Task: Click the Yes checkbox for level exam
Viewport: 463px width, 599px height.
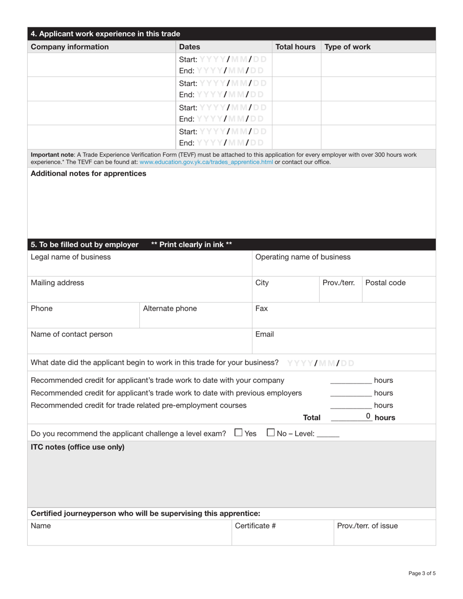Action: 238,432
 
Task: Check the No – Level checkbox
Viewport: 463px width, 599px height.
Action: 271,432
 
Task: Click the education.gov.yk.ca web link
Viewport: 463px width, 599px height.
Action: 206,162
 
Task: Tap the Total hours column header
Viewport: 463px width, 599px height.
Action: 295,47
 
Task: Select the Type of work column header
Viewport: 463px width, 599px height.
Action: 347,47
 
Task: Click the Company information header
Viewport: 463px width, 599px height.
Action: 70,47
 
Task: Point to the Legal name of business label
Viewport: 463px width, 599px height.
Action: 71,257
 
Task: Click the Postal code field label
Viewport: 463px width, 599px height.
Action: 385,282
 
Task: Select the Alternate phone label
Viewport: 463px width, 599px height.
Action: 170,308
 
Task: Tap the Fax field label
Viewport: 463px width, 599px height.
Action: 261,308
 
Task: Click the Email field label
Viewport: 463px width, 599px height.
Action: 265,334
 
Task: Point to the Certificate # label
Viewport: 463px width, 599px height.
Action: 255,525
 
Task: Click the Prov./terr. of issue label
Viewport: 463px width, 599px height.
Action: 367,525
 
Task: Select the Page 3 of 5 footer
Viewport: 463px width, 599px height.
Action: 422,573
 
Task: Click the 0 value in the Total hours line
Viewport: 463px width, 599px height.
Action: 368,416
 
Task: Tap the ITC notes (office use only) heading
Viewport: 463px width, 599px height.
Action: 77,447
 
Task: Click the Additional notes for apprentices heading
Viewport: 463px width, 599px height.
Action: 88,173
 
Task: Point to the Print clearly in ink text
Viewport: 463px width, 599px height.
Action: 192,244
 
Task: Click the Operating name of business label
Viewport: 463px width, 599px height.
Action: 303,257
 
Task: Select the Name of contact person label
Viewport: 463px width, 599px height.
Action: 72,334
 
